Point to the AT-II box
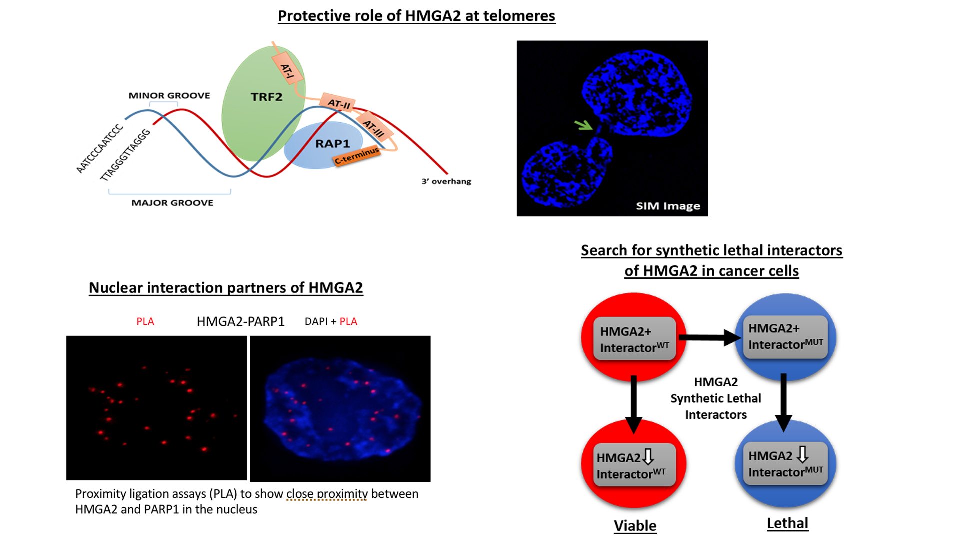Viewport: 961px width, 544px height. [338, 103]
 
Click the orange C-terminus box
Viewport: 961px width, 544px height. [356, 156]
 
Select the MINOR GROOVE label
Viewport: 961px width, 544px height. [169, 95]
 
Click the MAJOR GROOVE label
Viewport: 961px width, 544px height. [172, 203]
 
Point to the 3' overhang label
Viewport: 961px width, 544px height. [446, 181]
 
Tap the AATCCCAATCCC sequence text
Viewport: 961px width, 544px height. [99, 149]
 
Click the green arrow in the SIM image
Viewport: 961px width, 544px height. [583, 125]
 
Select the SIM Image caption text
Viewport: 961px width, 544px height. [668, 206]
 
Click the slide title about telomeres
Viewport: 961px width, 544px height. [416, 16]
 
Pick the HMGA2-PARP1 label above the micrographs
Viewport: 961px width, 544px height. [240, 321]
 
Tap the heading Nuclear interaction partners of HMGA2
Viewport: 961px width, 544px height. [226, 288]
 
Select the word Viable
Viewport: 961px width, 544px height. [635, 526]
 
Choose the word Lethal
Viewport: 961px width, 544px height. [787, 523]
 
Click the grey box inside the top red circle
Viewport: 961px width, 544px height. [634, 339]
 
